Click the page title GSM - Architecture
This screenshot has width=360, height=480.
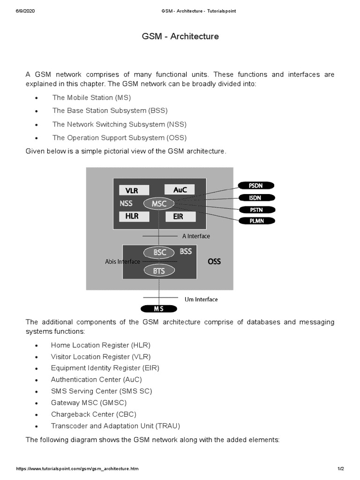pos(180,36)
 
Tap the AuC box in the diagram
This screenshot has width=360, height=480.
pos(180,190)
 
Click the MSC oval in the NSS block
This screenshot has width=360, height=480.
pos(159,203)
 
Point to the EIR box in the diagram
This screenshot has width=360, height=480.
pos(178,217)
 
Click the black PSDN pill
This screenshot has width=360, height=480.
pos(256,186)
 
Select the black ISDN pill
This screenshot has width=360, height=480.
pos(256,198)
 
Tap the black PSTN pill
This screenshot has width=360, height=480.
pos(256,210)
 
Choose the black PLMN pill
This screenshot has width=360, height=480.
pos(256,221)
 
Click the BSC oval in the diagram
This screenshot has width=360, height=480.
pos(160,252)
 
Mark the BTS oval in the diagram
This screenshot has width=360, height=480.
pos(160,270)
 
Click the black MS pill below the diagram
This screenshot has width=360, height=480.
pos(159,308)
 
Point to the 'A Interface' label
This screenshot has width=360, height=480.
pos(196,236)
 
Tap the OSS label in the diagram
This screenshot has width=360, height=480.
pos(214,262)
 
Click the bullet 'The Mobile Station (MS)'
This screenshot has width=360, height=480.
pos(91,97)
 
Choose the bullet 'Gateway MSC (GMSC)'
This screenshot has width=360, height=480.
pos(89,403)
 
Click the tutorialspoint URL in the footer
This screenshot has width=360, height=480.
pos(77,469)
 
